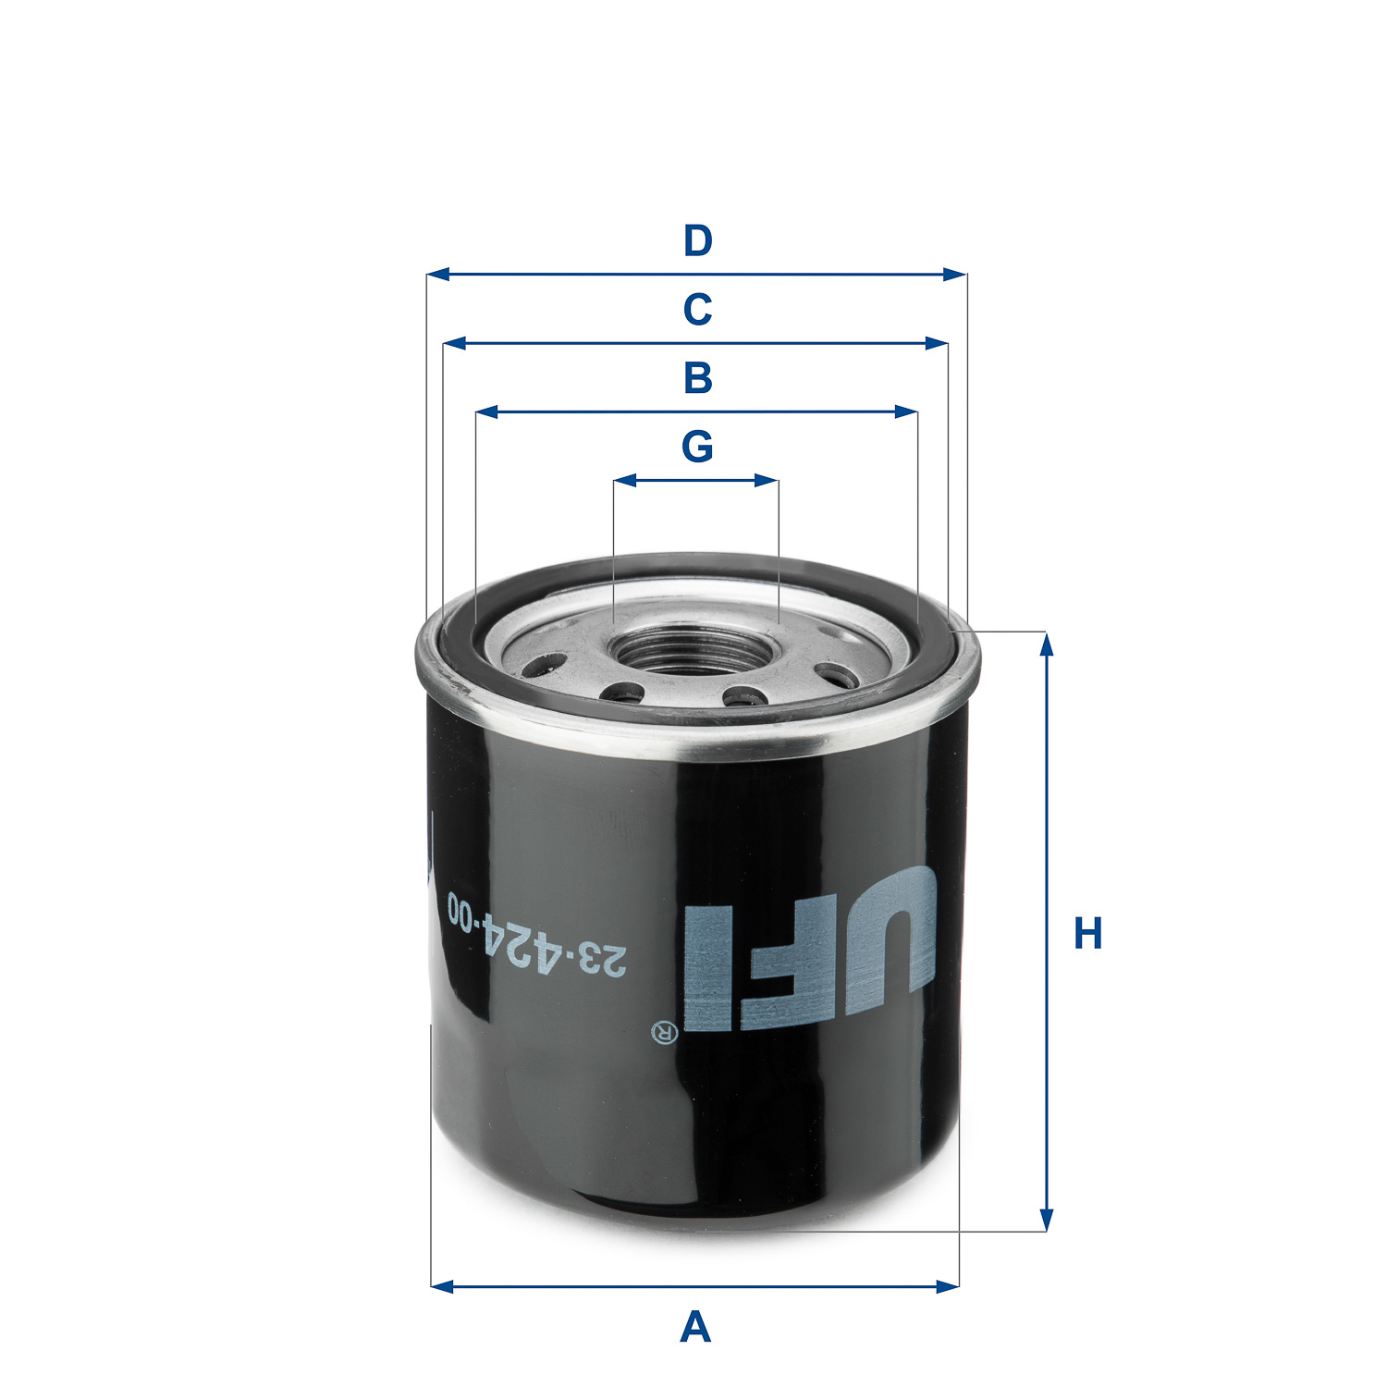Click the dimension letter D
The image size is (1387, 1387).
point(697,241)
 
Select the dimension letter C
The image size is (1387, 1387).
point(697,310)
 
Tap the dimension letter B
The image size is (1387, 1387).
point(697,378)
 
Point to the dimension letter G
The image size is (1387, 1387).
point(697,447)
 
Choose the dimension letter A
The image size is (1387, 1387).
point(695,1328)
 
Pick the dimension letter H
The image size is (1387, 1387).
point(1087,934)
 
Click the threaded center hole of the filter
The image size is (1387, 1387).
point(695,647)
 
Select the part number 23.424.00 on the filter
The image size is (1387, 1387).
point(536,935)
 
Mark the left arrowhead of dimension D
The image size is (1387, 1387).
point(437,275)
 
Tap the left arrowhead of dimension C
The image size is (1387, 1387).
point(454,343)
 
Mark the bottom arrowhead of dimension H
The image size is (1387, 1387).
point(1046,1221)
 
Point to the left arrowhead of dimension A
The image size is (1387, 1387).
point(442,1286)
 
